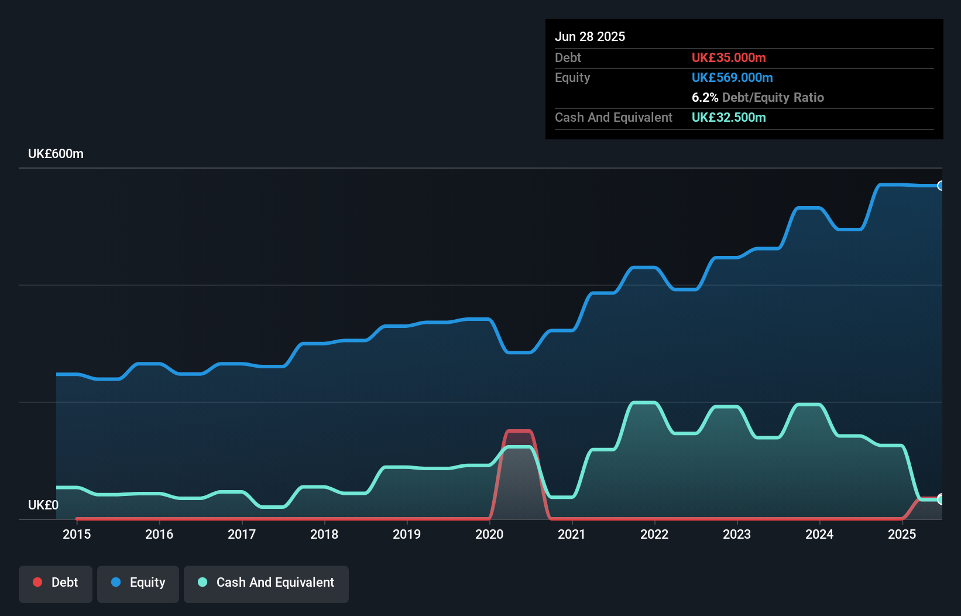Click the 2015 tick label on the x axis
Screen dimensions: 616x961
[77, 534]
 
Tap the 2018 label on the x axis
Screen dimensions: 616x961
[324, 534]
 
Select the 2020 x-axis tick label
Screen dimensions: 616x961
[489, 534]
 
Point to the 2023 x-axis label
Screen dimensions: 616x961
[737, 534]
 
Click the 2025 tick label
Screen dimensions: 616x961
[902, 534]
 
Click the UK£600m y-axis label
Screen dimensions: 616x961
[56, 154]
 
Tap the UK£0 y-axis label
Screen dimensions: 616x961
[43, 505]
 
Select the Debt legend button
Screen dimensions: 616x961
[56, 583]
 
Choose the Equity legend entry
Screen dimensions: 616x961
[138, 583]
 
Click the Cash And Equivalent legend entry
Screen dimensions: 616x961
[266, 583]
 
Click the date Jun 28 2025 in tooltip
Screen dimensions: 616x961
[590, 36]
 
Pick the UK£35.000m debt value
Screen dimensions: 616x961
[729, 57]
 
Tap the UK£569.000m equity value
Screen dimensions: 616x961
[732, 77]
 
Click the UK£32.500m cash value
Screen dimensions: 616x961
[729, 117]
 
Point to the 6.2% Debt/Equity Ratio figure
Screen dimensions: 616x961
[757, 97]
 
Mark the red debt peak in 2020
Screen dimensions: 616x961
[519, 431]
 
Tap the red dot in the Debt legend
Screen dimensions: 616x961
[37, 582]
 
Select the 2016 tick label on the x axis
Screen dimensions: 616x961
[159, 534]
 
